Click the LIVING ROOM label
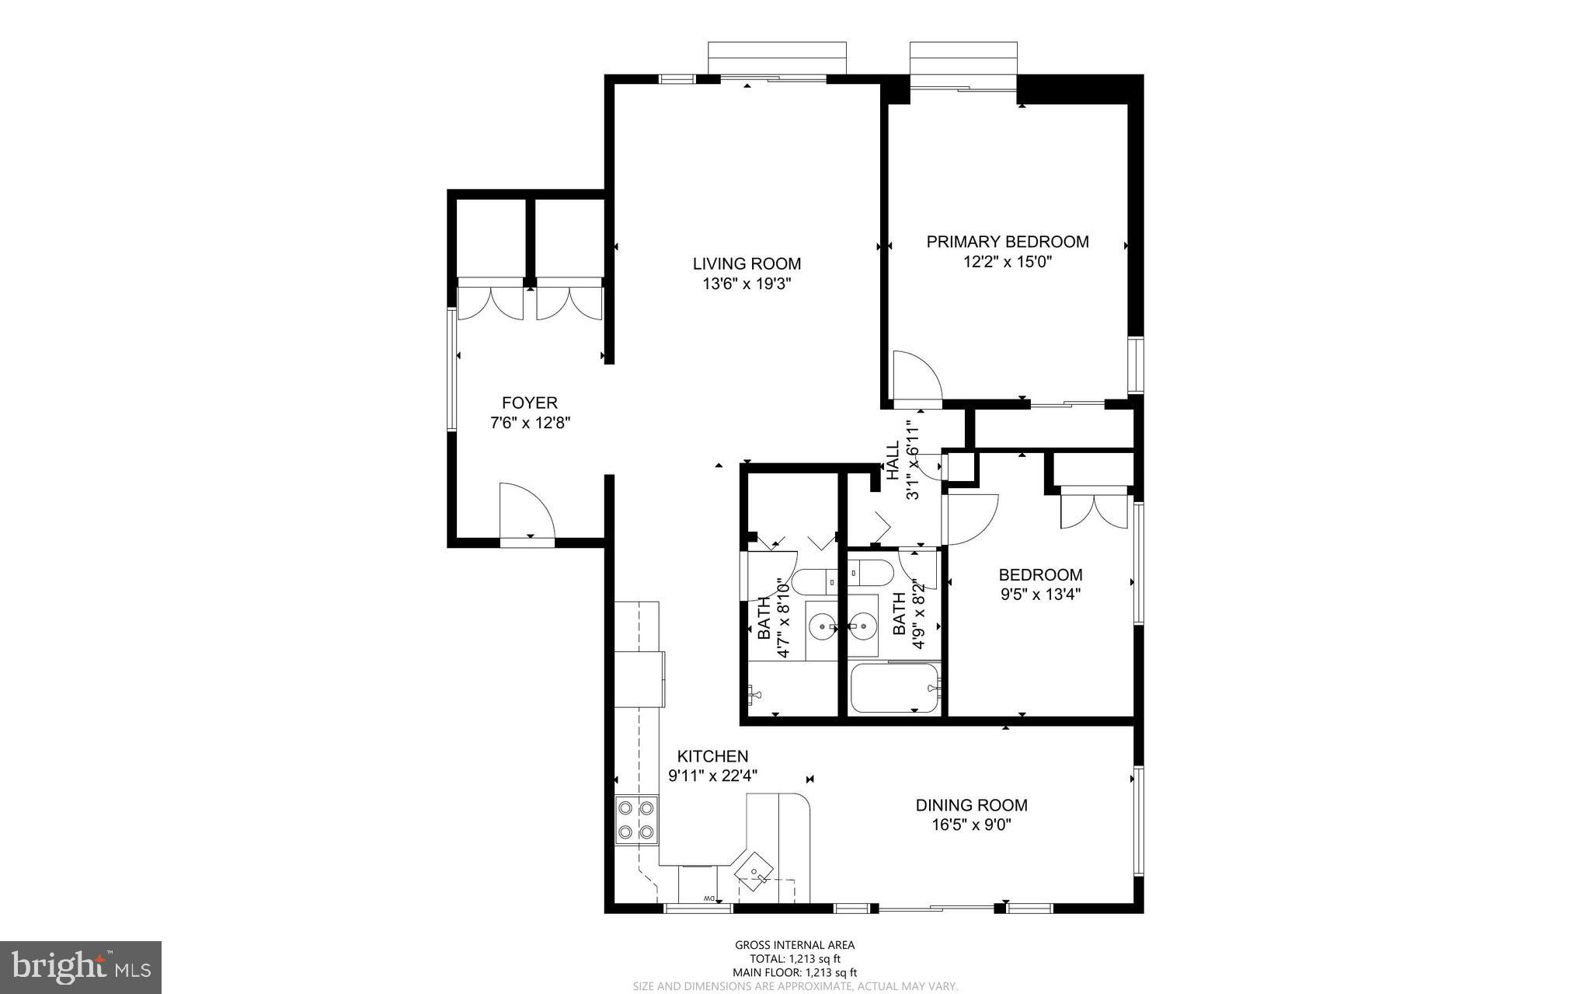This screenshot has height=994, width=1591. (747, 264)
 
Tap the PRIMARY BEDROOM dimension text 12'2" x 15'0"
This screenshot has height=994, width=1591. (1007, 262)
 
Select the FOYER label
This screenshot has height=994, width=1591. (529, 403)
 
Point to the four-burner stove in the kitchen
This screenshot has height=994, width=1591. (635, 820)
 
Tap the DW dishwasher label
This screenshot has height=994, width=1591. (708, 898)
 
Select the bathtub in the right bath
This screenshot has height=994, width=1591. (895, 687)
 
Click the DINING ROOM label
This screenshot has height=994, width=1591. (971, 805)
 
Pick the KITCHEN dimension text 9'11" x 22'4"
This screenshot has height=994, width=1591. (712, 775)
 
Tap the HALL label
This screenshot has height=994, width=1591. (893, 460)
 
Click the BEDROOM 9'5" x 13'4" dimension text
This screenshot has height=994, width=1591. (1040, 595)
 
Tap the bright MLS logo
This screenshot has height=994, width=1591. (81, 967)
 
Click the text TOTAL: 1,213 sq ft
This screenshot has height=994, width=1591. (795, 959)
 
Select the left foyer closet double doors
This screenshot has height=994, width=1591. (490, 303)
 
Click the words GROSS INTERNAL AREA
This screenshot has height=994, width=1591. (795, 945)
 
